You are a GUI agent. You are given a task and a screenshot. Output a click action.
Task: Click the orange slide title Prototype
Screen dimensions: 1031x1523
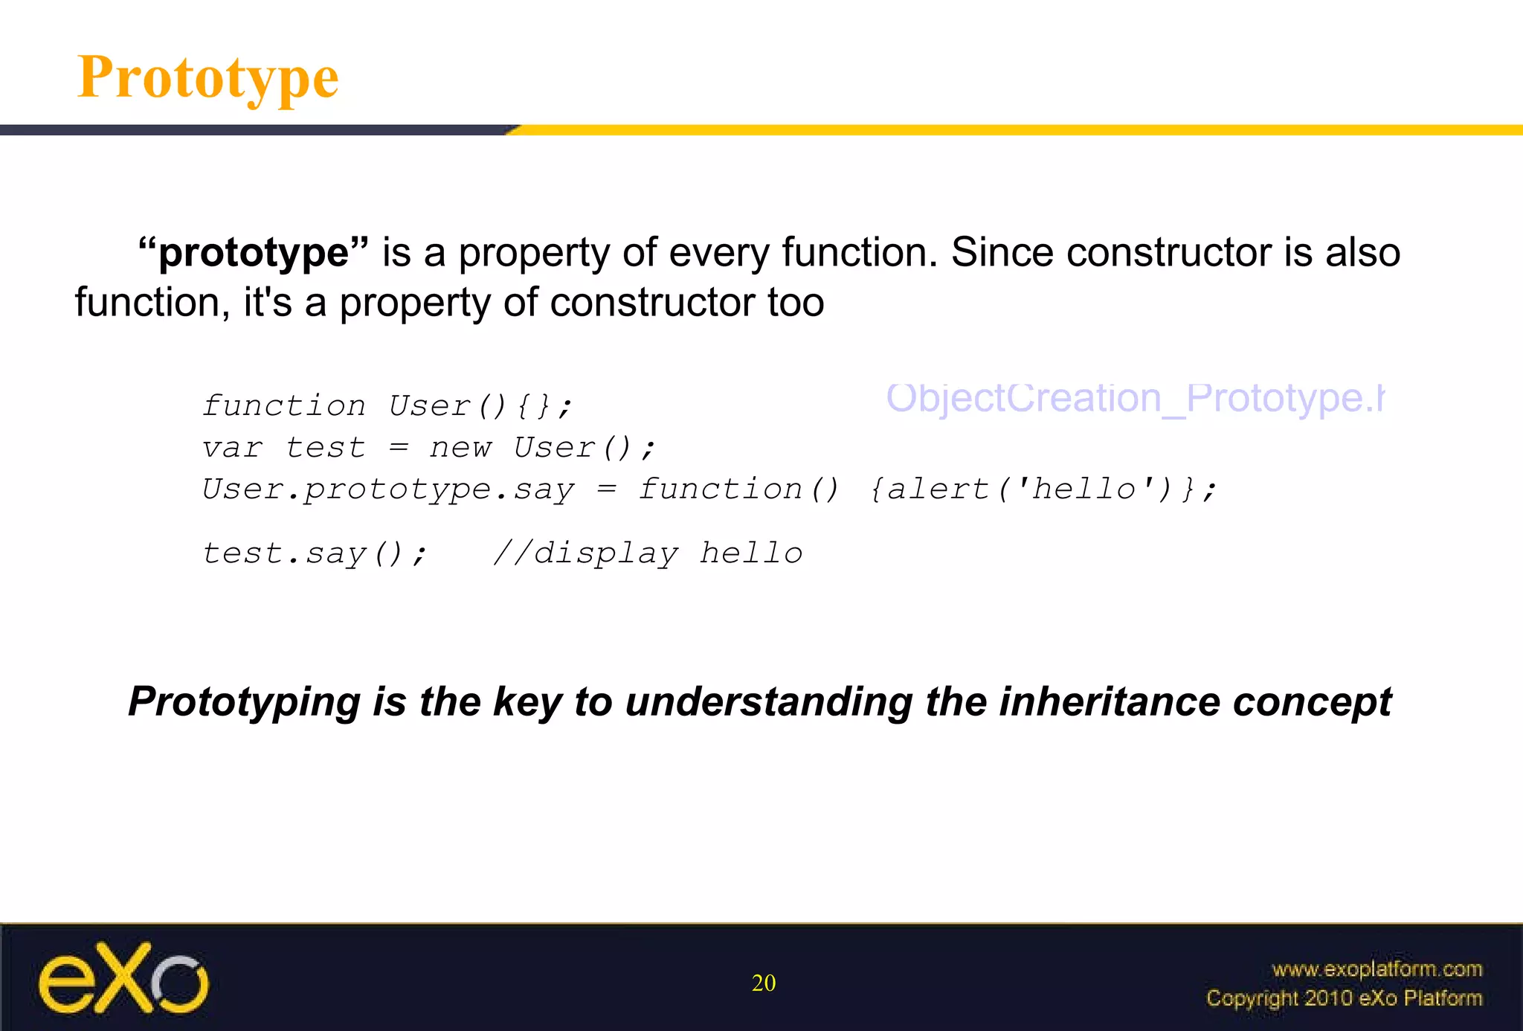click(x=208, y=77)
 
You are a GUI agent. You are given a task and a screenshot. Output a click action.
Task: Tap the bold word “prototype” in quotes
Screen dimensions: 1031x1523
click(x=254, y=253)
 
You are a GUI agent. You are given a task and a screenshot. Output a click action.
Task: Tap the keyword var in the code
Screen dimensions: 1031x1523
click(x=232, y=448)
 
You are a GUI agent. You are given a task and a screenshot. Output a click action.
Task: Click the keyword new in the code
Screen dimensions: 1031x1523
click(x=460, y=448)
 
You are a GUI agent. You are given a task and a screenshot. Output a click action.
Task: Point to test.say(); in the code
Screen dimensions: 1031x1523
click(x=315, y=554)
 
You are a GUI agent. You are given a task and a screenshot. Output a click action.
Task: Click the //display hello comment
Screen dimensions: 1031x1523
click(x=648, y=554)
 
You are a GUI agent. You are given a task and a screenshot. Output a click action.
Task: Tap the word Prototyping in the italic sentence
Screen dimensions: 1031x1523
click(x=245, y=701)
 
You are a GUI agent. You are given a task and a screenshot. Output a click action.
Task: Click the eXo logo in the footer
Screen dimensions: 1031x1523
click(x=123, y=978)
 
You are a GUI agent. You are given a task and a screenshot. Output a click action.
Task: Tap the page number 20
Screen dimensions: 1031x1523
click(x=764, y=983)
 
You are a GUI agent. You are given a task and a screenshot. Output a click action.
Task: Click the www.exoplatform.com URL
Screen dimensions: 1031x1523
click(x=1377, y=969)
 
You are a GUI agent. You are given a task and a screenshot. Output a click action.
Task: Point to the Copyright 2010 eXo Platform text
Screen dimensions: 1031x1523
click(x=1344, y=998)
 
